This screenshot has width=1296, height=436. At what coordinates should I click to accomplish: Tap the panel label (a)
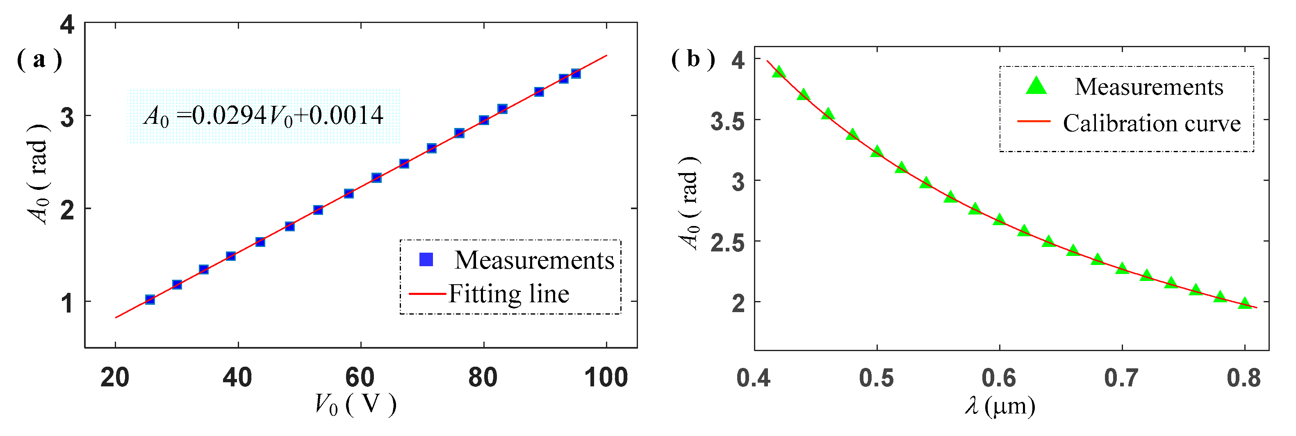point(39,60)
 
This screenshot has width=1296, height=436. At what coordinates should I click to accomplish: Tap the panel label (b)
point(693,59)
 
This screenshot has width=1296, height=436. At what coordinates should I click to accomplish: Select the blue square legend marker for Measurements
point(426,259)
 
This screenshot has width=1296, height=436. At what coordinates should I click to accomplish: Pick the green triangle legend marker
point(1036,87)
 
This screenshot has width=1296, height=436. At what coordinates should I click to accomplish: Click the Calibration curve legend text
point(1152,123)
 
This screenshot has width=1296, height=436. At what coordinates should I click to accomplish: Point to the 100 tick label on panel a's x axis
point(606,378)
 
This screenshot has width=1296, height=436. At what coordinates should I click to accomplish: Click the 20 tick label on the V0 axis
point(115,378)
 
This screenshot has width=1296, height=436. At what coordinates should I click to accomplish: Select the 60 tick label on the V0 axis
point(360,378)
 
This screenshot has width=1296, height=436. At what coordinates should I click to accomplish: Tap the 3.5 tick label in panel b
point(727,121)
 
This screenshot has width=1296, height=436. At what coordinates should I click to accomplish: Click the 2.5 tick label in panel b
point(727,243)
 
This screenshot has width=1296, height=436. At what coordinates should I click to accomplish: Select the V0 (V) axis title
point(355,404)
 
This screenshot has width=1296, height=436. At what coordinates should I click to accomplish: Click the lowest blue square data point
point(150,299)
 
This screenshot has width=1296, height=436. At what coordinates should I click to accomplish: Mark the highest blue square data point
point(576,74)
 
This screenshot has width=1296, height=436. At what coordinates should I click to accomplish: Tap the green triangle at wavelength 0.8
point(1245,303)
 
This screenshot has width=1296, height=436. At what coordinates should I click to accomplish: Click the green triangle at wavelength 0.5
point(877,151)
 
